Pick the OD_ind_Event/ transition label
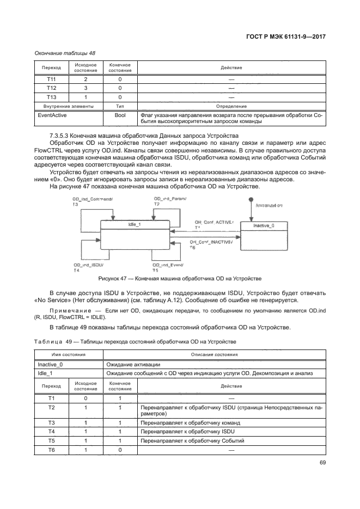click(167, 265)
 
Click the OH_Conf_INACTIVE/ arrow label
click(211, 242)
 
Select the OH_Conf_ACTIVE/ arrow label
click(214, 222)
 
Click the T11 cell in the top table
click(51, 79)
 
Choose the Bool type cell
click(120, 115)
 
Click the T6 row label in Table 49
click(51, 450)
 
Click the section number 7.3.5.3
click(61, 135)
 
